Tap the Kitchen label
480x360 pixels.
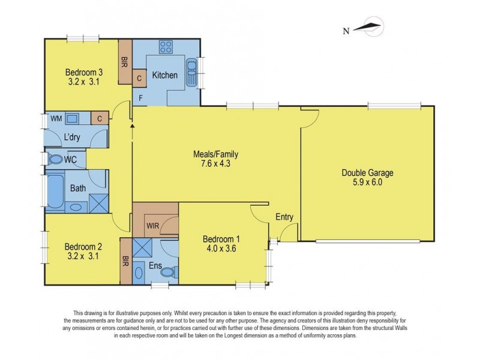(164, 75)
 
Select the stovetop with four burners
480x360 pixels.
(166, 47)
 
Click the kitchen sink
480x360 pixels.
(191, 72)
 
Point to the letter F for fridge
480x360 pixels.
(141, 98)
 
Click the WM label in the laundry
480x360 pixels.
(56, 118)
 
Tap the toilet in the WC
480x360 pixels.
(55, 159)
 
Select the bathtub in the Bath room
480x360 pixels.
(55, 191)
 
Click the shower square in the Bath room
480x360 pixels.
(99, 203)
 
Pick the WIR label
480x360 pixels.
(152, 226)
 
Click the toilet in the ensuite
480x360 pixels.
(169, 272)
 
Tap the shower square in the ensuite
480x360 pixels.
(142, 248)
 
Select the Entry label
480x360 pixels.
(284, 217)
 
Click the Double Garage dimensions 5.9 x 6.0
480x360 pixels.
(367, 182)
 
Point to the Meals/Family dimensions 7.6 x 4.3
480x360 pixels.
(215, 163)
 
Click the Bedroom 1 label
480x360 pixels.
(221, 239)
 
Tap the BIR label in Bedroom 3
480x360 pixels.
(125, 62)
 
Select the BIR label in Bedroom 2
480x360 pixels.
(125, 261)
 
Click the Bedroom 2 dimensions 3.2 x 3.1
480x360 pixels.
(83, 256)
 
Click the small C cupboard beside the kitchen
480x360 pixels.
(139, 79)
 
